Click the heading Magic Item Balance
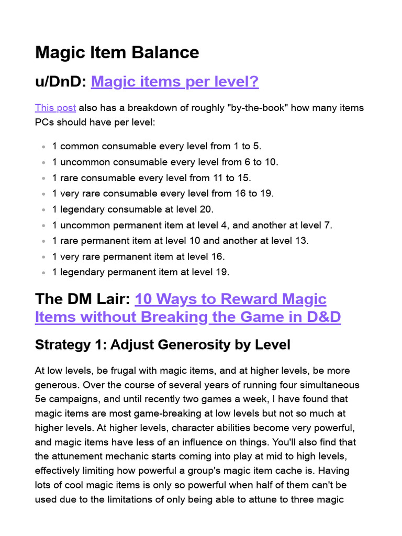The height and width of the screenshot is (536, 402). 117,52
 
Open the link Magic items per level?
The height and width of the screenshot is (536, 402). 175,82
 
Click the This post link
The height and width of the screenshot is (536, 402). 55,108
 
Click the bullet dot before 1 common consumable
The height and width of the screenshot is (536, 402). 42,147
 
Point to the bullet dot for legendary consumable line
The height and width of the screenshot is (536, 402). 42,209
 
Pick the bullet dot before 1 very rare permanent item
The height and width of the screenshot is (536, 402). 42,256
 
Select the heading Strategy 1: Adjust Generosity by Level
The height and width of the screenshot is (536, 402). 162,344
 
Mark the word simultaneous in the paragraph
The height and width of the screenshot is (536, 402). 328,385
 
